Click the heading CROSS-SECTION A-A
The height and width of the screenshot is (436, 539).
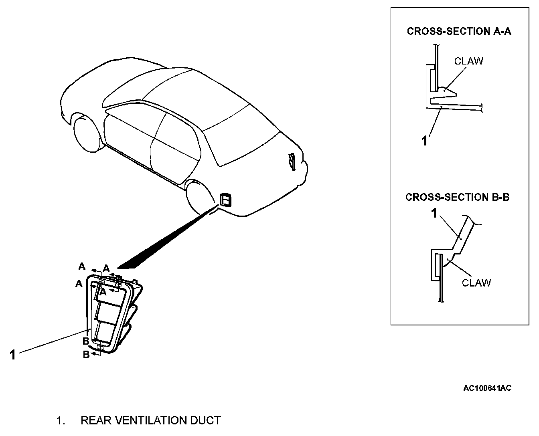coord(459,31)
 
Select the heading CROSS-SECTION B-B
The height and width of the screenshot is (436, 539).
coord(457,197)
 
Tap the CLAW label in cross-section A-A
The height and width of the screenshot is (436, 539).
coord(468,61)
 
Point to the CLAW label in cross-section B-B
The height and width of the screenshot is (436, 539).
coord(476,283)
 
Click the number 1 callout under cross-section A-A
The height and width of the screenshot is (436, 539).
coord(425,141)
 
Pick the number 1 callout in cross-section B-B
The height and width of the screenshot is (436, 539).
coord(434,214)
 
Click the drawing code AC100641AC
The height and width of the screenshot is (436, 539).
coord(487,388)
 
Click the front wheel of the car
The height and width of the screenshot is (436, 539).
coord(86,132)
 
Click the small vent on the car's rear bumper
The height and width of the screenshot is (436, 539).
coord(225,199)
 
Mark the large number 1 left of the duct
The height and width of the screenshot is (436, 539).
coord(12,355)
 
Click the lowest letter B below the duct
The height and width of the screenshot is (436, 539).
coord(86,354)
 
